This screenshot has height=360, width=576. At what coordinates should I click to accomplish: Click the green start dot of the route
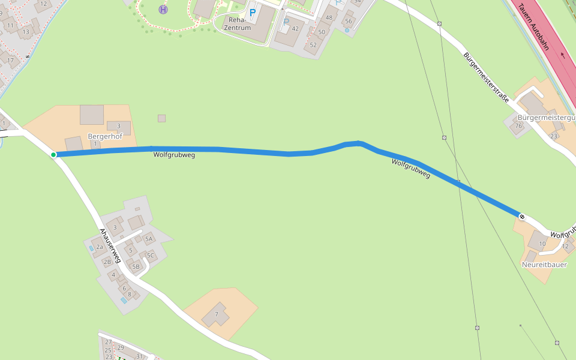pyautogui.click(x=53, y=155)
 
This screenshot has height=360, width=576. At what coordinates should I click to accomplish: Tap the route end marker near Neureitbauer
pyautogui.click(x=522, y=216)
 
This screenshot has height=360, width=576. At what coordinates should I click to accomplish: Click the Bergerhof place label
pyautogui.click(x=106, y=136)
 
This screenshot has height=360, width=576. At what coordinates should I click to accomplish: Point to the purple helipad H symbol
pyautogui.click(x=163, y=9)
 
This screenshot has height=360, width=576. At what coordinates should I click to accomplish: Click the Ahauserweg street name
pyautogui.click(x=111, y=245)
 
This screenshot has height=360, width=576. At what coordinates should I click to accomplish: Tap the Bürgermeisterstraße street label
pyautogui.click(x=486, y=77)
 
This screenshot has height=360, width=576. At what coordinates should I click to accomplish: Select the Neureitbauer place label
pyautogui.click(x=544, y=264)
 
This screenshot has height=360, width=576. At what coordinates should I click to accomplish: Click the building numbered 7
pyautogui.click(x=216, y=314)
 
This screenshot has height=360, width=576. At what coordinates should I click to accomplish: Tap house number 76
pyautogui.click(x=519, y=126)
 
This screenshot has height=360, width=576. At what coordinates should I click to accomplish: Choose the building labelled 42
pyautogui.click(x=295, y=28)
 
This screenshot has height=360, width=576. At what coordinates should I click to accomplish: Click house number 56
pyautogui.click(x=348, y=21)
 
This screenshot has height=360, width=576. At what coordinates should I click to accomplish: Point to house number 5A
pyautogui.click(x=148, y=239)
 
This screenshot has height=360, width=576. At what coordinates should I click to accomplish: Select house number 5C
pyautogui.click(x=151, y=255)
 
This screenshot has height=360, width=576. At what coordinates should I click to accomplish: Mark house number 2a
pyautogui.click(x=100, y=247)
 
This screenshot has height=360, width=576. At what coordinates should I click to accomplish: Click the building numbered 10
pyautogui.click(x=542, y=243)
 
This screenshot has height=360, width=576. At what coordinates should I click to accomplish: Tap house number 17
pyautogui.click(x=10, y=60)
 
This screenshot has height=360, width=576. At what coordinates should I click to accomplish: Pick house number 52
pyautogui.click(x=313, y=45)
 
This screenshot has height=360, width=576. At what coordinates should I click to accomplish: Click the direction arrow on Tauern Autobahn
pyautogui.click(x=562, y=55)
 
